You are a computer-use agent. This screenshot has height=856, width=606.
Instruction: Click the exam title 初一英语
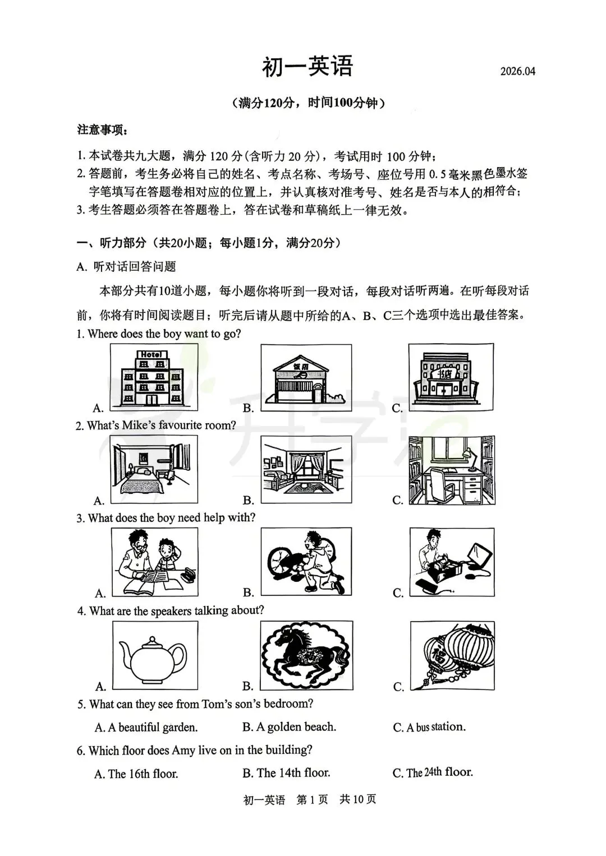[x=307, y=67]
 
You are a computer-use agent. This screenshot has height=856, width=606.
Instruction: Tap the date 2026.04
[x=518, y=71]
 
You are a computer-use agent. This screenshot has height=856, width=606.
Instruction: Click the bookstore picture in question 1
[x=451, y=378]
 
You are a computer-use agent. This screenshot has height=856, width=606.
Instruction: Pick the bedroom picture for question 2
[x=154, y=470]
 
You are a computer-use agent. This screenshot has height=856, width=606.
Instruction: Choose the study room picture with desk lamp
[x=452, y=470]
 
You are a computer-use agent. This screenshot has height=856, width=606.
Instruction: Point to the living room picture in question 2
[x=306, y=470]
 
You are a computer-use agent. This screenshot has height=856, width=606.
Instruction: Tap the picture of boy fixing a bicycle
[x=306, y=562]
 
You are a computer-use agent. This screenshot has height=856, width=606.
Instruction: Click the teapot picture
[x=154, y=656]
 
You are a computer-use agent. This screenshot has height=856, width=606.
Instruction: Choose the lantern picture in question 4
[x=452, y=655]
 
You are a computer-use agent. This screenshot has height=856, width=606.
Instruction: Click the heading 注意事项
[x=102, y=130]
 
